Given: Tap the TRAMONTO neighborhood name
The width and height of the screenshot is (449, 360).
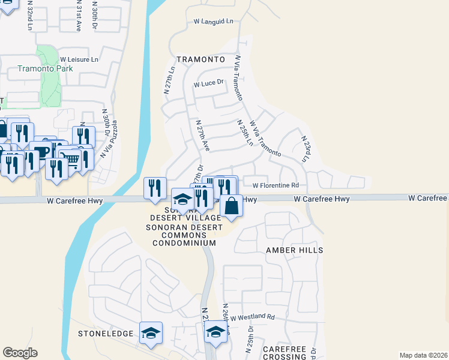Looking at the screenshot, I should (200, 60).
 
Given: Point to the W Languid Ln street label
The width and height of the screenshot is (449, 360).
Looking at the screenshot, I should (213, 21).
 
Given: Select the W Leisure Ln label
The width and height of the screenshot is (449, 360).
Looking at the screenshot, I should (79, 59).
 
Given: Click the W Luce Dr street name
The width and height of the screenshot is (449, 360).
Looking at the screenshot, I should (208, 84).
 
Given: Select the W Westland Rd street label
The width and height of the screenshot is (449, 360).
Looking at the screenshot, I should (251, 317).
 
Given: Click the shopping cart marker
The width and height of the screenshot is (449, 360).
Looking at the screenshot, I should (71, 160).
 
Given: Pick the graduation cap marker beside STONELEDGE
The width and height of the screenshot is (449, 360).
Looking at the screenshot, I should (151, 332).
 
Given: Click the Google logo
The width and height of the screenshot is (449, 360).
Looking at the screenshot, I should (20, 353).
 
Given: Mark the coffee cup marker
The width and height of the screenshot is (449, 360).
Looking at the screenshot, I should (40, 152).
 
